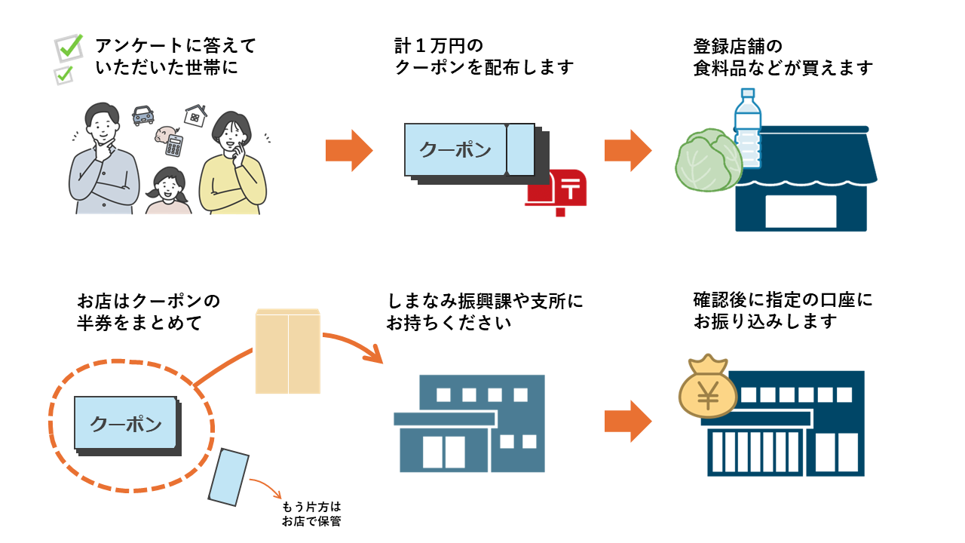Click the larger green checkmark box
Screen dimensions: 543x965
69,48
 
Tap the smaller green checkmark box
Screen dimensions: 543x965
65,75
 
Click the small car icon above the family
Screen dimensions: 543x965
143,115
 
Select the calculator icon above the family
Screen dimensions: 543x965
174,145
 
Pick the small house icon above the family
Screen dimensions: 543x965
195,115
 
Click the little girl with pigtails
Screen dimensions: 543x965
169,190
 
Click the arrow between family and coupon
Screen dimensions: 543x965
349,151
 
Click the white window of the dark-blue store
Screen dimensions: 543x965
801,210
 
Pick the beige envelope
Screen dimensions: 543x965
287,351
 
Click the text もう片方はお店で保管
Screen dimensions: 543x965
311,514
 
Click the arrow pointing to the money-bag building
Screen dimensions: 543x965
627,421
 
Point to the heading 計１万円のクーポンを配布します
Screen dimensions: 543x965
484,57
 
